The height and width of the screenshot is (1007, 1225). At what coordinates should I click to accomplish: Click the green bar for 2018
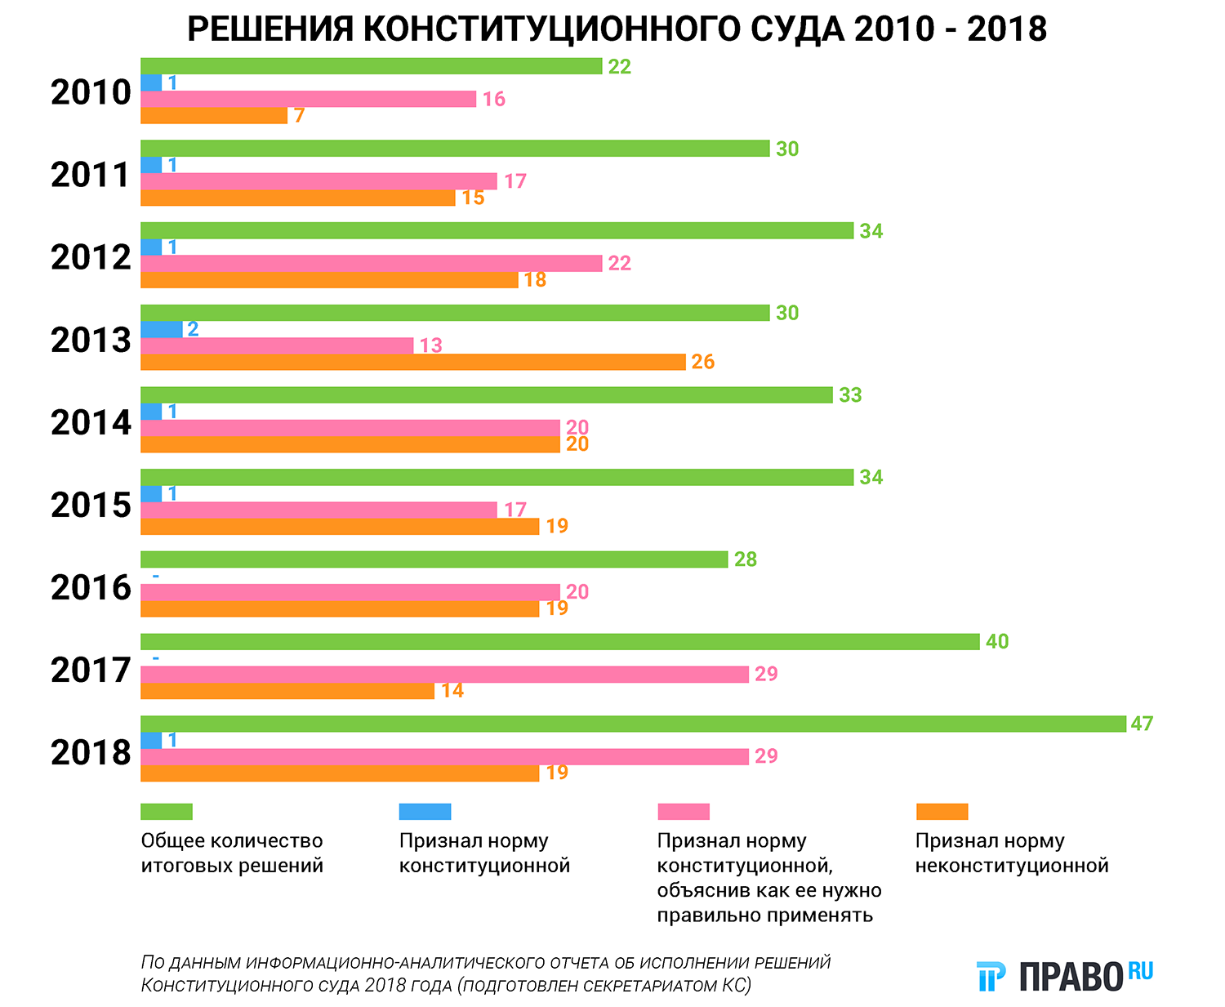click(x=633, y=724)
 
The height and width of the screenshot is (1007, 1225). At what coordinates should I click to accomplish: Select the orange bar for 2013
click(x=412, y=362)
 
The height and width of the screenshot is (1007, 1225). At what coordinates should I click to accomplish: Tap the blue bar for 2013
click(x=162, y=329)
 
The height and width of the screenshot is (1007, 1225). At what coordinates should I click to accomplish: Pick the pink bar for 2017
click(x=444, y=674)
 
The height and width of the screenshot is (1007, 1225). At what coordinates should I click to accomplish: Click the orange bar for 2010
click(x=214, y=115)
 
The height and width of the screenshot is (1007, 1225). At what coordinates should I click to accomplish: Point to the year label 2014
click(x=91, y=423)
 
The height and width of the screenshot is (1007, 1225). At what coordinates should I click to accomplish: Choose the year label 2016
click(x=91, y=588)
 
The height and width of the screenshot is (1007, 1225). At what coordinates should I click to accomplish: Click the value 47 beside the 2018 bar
click(x=1142, y=724)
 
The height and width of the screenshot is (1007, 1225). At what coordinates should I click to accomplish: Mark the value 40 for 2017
click(x=997, y=641)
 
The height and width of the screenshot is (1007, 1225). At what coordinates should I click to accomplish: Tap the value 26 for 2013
click(x=703, y=362)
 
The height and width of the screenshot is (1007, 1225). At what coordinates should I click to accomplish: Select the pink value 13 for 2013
click(x=430, y=345)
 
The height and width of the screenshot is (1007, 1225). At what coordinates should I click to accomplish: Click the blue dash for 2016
click(x=155, y=576)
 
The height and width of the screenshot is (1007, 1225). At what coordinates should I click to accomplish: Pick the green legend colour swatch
click(x=167, y=812)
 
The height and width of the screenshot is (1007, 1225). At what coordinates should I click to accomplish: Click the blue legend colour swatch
click(x=425, y=812)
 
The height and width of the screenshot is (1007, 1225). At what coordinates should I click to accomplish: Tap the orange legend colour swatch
click(x=942, y=812)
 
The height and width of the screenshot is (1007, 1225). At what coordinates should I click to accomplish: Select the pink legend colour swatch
click(x=684, y=812)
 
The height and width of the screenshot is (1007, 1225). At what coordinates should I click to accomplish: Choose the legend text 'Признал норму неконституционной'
click(x=1012, y=853)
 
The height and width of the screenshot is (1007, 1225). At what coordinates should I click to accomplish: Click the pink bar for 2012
click(x=371, y=263)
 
